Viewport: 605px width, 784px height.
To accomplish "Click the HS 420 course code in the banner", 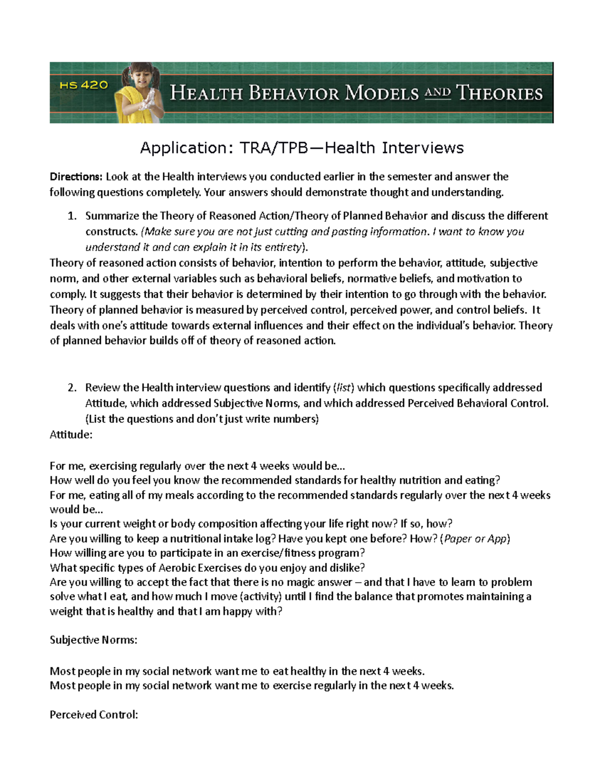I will tap(84, 85).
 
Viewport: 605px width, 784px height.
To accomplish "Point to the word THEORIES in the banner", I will tap(499, 93).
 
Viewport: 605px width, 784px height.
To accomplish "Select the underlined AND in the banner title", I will tap(437, 92).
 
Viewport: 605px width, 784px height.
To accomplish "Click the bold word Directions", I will tap(76, 177).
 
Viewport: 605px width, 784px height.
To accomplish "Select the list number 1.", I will tap(72, 216).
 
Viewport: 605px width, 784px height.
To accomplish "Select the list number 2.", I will tap(72, 388).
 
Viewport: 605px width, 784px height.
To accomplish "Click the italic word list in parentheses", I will tap(344, 388).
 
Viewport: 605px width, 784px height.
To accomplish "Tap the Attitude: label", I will tap(71, 434).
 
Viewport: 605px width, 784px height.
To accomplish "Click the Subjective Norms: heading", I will tap(93, 640).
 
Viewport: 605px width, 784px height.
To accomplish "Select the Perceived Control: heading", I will tap(94, 715).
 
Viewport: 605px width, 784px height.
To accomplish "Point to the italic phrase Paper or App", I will tap(475, 539).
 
